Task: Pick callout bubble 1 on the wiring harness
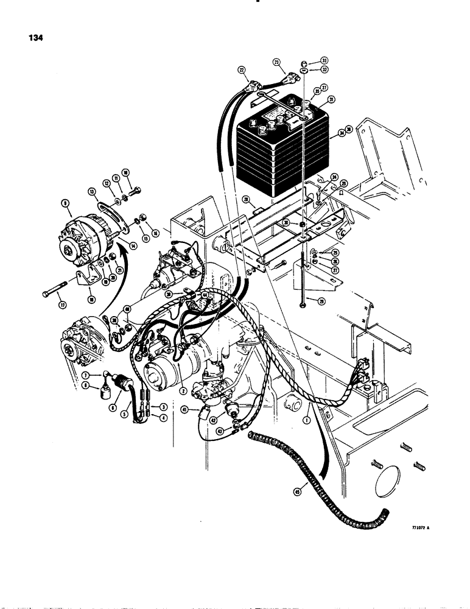[309, 419]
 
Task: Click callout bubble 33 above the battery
[324, 61]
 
